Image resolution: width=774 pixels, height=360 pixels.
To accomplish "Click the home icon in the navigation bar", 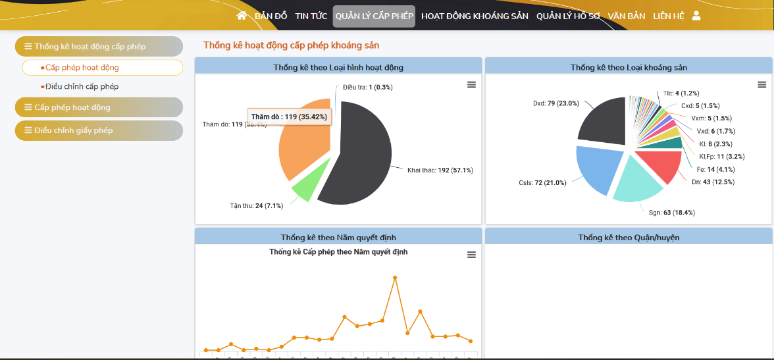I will coord(242,16).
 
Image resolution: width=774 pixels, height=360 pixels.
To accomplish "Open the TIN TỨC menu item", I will coord(311,16).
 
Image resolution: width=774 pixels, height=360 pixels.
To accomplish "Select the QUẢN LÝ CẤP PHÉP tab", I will coord(374,16).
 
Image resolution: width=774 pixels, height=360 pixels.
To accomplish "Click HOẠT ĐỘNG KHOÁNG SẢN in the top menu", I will coord(475,16).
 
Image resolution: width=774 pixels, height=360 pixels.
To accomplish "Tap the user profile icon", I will coord(696,16).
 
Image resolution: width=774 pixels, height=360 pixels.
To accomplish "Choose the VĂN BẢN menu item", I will coord(627,16).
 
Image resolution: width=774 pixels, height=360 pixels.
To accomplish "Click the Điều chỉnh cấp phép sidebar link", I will coord(82,86).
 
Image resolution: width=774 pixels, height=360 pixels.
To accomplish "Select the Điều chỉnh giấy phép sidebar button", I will coord(99,130).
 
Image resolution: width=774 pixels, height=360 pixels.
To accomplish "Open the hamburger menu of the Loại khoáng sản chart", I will coord(761,85).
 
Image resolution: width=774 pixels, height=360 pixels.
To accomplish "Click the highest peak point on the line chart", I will coord(395,278).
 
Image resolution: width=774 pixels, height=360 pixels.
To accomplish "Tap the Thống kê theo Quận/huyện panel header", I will coord(629,237).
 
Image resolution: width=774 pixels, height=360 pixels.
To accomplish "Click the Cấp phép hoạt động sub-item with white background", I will coord(103,67).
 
